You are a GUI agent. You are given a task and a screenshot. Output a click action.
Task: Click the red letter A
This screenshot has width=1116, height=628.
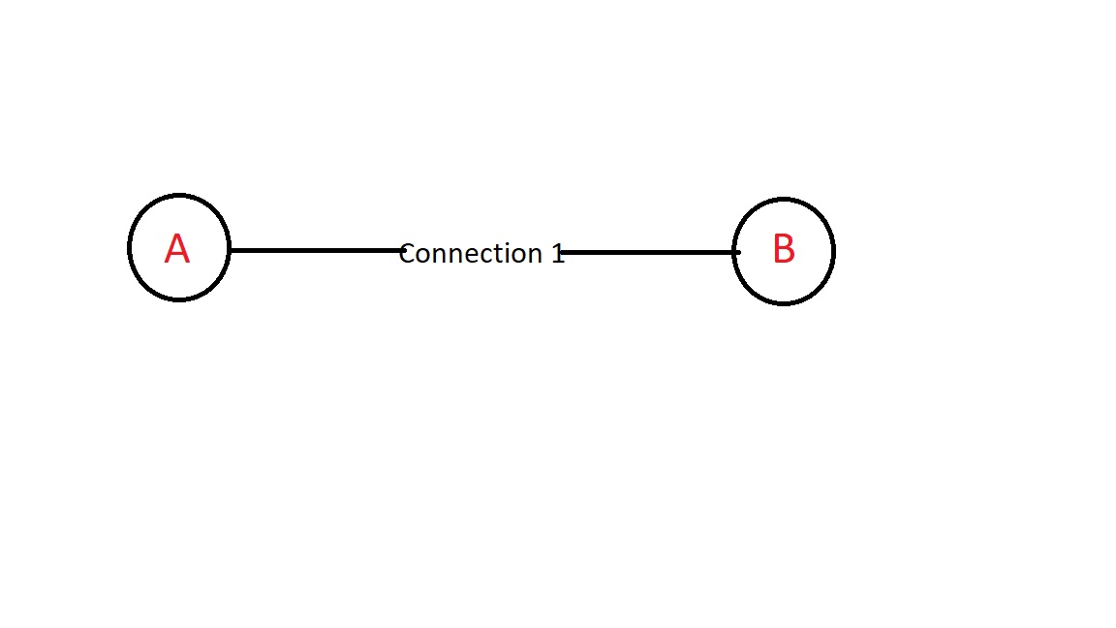[177, 248]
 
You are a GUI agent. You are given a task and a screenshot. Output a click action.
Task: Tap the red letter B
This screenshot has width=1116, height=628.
[784, 248]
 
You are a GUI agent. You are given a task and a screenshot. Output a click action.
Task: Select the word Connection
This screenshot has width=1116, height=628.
[471, 254]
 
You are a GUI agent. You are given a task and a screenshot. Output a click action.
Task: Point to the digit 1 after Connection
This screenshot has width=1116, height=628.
[558, 254]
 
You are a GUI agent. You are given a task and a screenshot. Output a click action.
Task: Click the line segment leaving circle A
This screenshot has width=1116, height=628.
[318, 251]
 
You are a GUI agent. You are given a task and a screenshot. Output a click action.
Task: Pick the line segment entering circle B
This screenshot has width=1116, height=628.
[650, 252]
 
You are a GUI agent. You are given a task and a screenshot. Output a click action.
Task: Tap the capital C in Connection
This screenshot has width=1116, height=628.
[407, 254]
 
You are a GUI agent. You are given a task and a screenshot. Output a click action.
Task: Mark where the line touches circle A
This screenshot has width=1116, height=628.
[230, 251]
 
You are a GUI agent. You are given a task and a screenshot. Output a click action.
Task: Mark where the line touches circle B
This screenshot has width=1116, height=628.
[733, 252]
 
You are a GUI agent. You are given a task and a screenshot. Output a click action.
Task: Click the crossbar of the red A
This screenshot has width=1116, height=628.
[177, 255]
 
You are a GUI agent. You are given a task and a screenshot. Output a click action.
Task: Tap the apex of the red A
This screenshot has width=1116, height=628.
[177, 235]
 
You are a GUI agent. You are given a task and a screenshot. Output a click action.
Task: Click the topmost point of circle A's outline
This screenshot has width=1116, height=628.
[178, 195]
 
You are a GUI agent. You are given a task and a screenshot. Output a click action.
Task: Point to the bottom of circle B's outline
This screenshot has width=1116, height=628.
[784, 304]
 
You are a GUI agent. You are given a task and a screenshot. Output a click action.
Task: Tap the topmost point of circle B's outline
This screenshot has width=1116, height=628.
[784, 199]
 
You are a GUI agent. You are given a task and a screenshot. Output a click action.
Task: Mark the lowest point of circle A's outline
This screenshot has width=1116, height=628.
[178, 300]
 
